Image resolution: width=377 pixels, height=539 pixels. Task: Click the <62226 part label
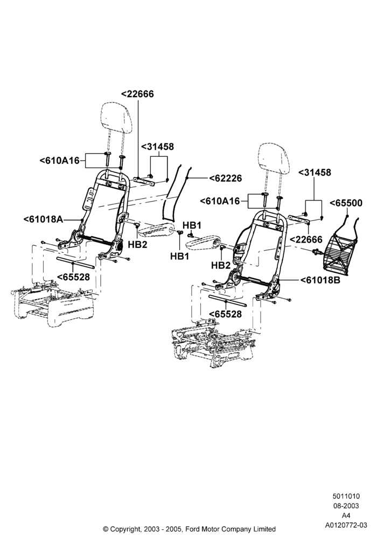(226, 178)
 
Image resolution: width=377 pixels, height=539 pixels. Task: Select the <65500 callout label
(346, 203)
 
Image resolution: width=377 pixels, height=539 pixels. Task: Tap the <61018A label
(44, 219)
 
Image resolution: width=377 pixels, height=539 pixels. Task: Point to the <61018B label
(320, 280)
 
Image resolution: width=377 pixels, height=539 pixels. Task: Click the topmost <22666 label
(137, 94)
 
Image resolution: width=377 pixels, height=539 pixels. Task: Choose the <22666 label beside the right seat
(306, 239)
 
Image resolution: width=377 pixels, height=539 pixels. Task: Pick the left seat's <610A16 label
(59, 161)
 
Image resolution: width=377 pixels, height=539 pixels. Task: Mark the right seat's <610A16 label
(220, 201)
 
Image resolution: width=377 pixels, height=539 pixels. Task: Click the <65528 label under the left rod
(73, 277)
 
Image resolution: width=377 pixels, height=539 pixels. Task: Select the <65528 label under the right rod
(225, 314)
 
